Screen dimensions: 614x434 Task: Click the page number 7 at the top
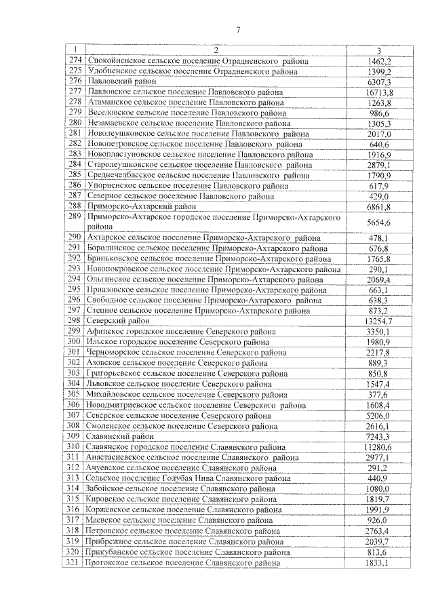[238, 28]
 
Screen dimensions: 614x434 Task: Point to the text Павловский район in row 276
[116, 81]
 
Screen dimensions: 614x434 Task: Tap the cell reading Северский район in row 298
[114, 321]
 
